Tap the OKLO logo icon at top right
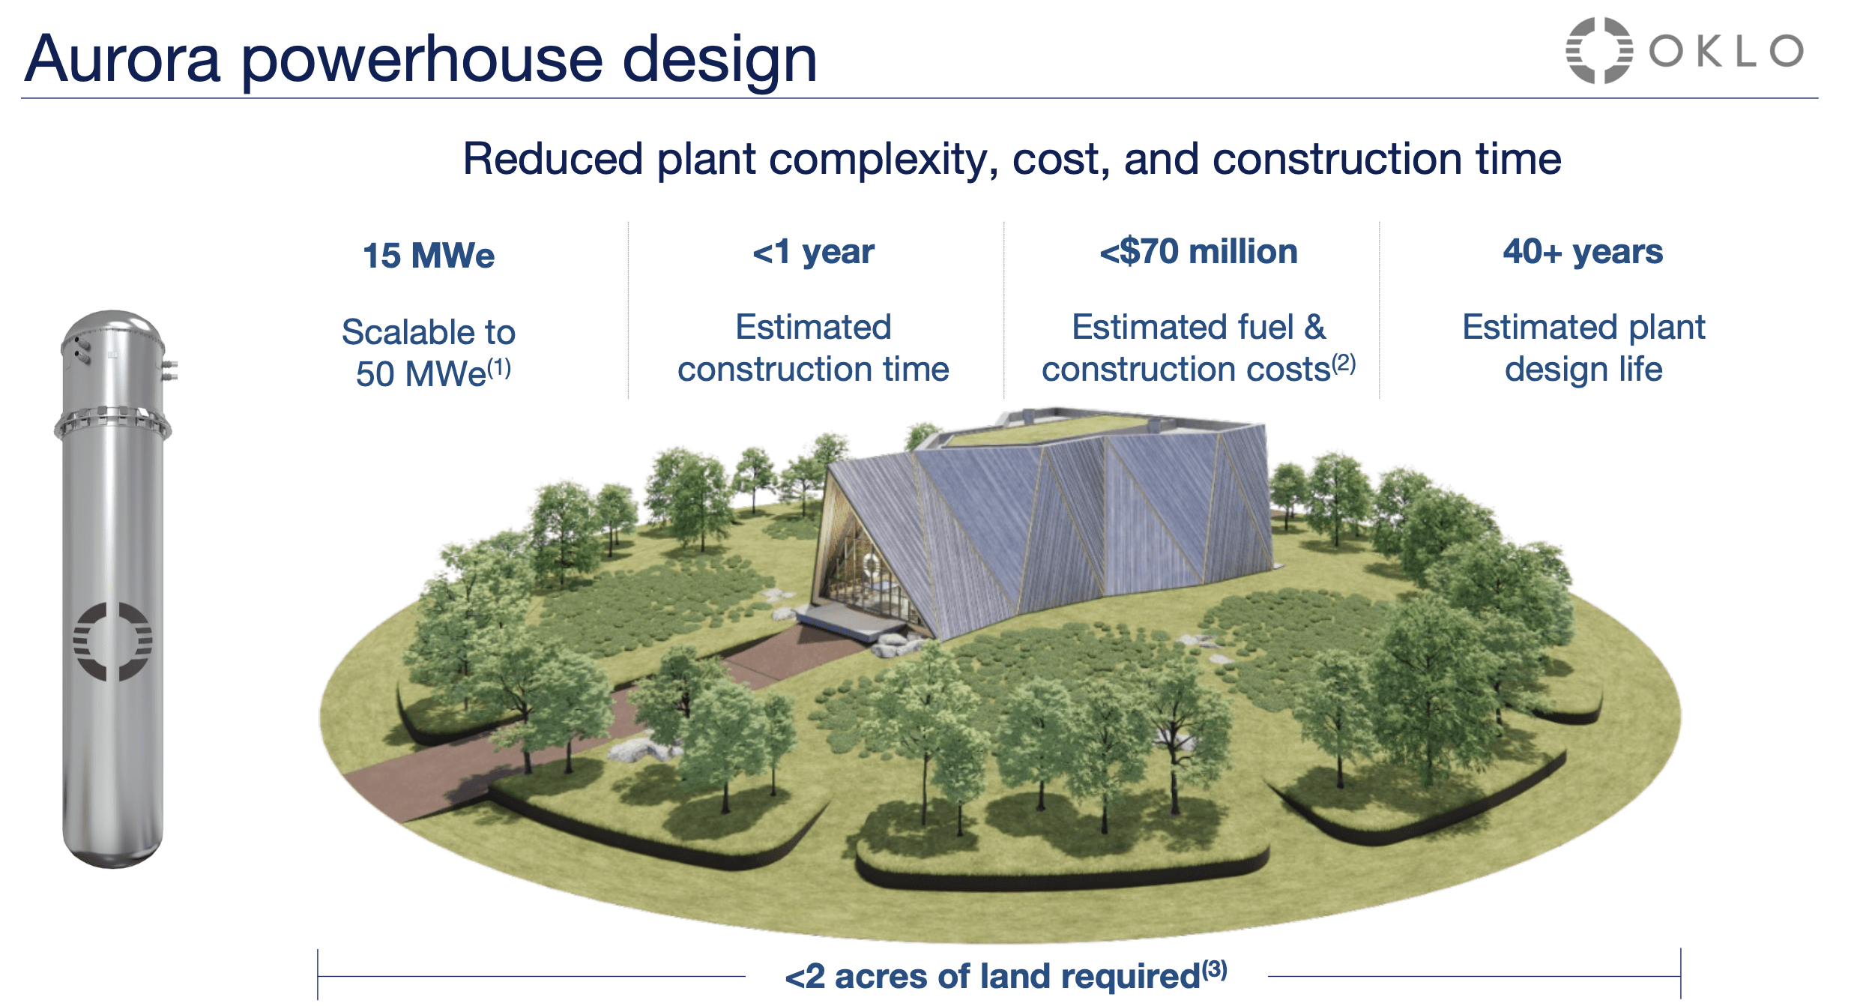(x=1598, y=50)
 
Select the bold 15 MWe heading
(x=429, y=256)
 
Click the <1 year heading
(x=813, y=252)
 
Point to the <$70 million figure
(x=1198, y=252)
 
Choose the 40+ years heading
(x=1583, y=252)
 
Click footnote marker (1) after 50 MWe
(x=500, y=368)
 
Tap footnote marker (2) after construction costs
(x=1344, y=364)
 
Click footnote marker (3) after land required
(x=1215, y=970)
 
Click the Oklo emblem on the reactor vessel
(x=112, y=642)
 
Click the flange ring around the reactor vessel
(x=112, y=423)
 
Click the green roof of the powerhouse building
(x=1049, y=430)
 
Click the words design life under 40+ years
(x=1583, y=370)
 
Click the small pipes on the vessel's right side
(x=170, y=370)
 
